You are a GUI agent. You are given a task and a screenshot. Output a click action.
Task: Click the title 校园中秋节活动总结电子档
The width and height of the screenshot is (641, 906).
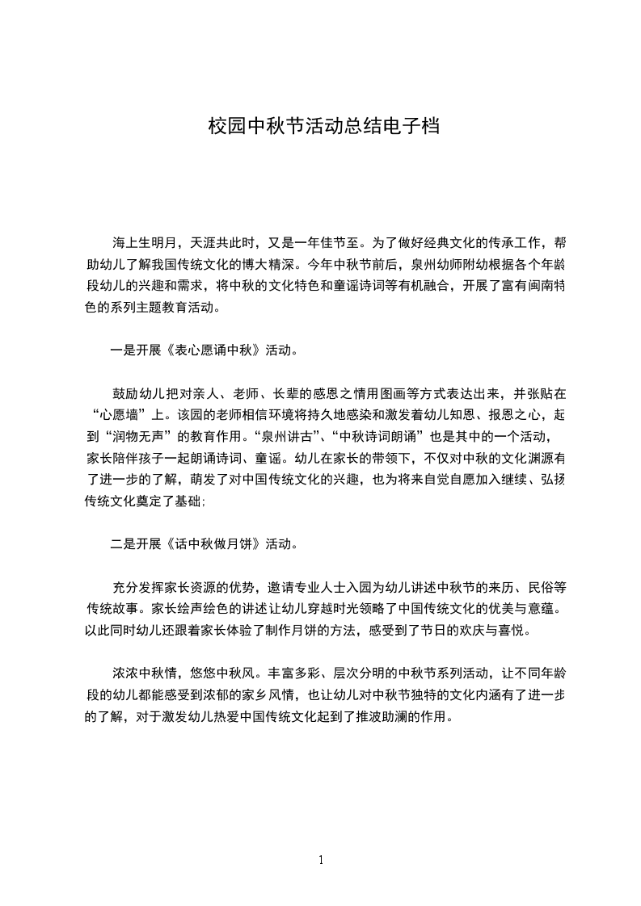323,127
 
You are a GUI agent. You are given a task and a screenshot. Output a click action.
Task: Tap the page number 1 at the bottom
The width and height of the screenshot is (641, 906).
321,860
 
